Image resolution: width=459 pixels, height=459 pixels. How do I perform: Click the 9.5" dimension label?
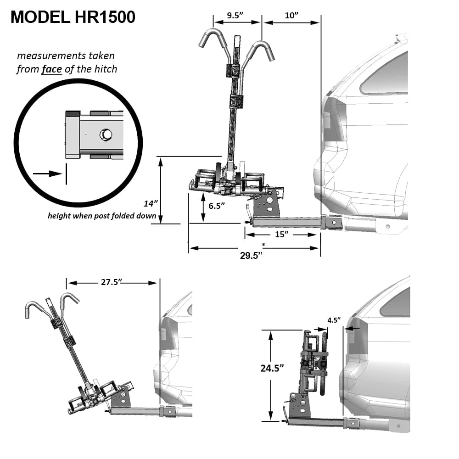(x=235, y=15)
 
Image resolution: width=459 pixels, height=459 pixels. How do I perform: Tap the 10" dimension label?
(x=291, y=15)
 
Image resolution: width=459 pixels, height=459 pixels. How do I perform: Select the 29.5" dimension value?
(x=251, y=256)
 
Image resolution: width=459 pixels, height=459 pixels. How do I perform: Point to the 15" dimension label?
(x=282, y=234)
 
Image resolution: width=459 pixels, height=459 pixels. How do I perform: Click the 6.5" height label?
(x=217, y=206)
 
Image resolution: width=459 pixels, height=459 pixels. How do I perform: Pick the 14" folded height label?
(x=151, y=203)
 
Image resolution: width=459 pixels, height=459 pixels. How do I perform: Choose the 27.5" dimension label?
(x=111, y=282)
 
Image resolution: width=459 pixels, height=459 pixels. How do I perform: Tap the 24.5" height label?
(x=272, y=368)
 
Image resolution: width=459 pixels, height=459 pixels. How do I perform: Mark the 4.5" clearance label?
(x=334, y=320)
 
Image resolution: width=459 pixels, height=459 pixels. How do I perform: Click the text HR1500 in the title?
(x=105, y=17)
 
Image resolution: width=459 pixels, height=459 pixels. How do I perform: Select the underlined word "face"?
(x=51, y=69)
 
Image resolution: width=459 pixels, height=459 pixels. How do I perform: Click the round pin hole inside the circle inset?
(x=106, y=134)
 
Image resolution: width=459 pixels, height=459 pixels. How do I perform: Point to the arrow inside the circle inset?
(x=47, y=174)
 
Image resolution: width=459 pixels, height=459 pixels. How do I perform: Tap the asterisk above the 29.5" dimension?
(x=263, y=245)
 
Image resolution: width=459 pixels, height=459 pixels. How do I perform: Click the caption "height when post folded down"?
(x=102, y=216)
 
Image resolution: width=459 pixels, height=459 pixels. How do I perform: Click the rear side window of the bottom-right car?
(x=395, y=303)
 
